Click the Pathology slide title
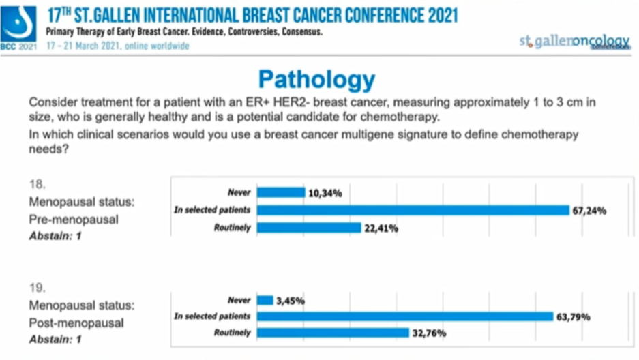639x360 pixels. pos(316,80)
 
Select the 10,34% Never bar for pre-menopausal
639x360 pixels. pos(280,193)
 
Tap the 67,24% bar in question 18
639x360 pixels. pos(412,210)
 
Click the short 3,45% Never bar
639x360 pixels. pos(265,299)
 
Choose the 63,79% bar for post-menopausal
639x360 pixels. pos(404,316)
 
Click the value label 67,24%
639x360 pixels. pos(591,210)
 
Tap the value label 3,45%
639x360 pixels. pos(291,300)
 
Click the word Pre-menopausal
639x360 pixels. pos(74,220)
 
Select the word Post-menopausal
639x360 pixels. pos(76,322)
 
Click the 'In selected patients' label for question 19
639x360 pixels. pos(212,316)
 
